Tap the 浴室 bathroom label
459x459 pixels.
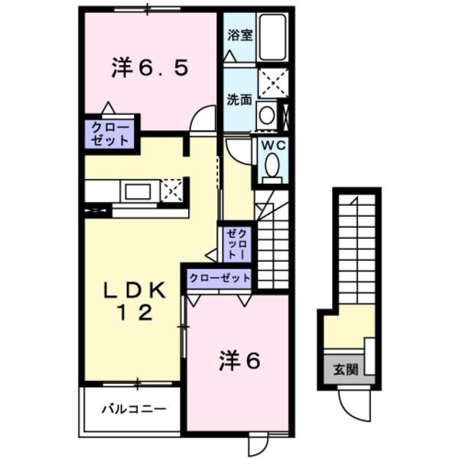(240, 34)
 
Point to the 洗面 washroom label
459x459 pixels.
(239, 99)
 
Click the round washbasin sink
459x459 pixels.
(267, 116)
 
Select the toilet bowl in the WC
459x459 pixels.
(272, 164)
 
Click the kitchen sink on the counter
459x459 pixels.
(138, 190)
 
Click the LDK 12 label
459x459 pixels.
(135, 301)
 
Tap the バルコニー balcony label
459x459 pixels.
(134, 409)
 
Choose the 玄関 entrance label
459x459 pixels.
(346, 369)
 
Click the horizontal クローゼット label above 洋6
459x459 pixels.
(218, 278)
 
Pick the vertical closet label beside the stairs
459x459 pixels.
(236, 242)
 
